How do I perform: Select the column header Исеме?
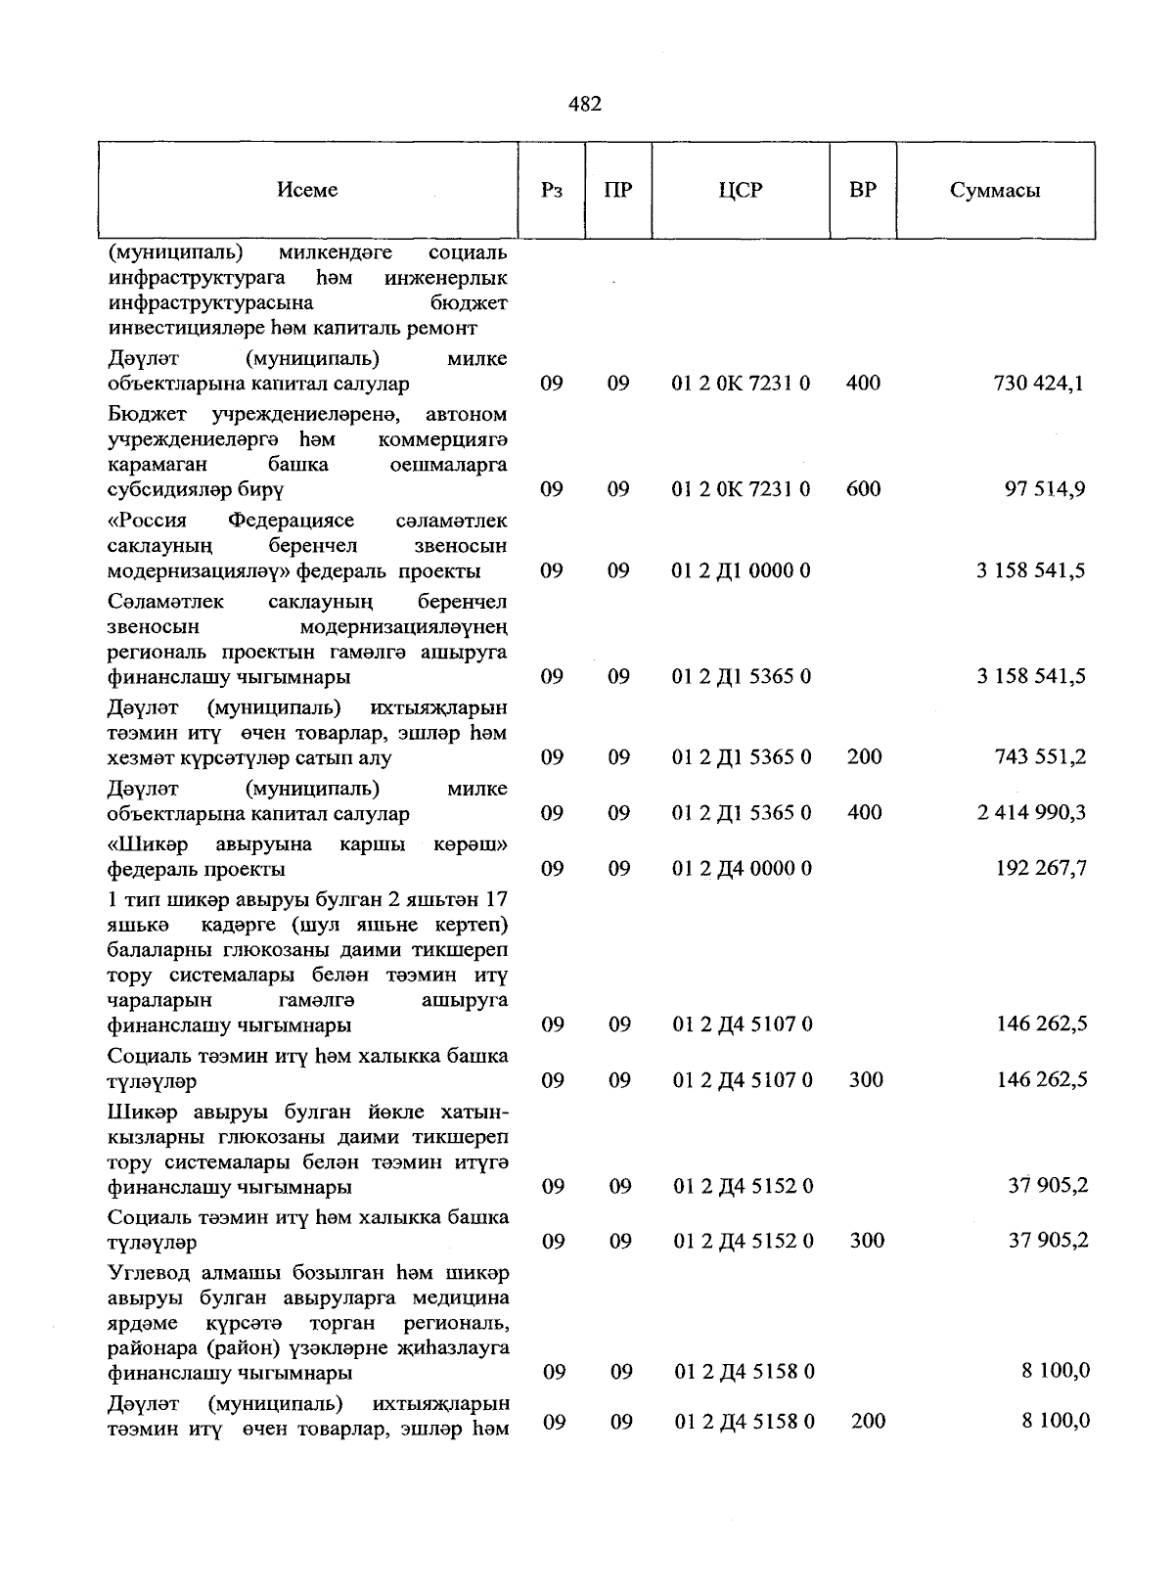(307, 190)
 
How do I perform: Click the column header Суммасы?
(994, 190)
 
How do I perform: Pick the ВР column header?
(863, 190)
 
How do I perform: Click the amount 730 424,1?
(1038, 384)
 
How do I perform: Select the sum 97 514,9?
(1044, 488)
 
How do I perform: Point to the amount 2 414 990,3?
(1031, 812)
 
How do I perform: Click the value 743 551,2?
(1038, 756)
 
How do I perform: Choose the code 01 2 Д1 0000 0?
(742, 570)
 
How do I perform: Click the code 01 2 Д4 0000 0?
(742, 868)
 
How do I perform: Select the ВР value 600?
(863, 488)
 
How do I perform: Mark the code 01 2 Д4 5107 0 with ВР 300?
(742, 1079)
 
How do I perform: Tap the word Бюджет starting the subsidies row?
(146, 414)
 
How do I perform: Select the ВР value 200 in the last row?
(868, 1421)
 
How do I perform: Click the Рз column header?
(551, 190)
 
